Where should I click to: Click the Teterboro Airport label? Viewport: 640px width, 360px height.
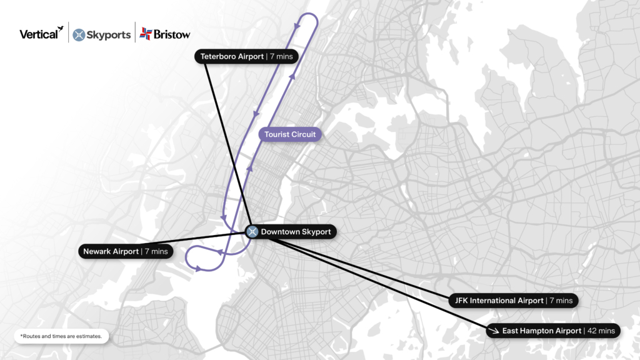click(x=232, y=56)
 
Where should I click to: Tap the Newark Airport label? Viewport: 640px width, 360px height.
click(x=111, y=251)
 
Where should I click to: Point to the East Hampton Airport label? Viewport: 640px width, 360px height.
click(x=541, y=331)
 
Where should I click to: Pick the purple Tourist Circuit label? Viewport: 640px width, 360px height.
click(x=290, y=134)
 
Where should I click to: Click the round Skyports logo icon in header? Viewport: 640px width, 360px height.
click(x=79, y=35)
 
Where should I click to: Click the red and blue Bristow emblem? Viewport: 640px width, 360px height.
click(x=146, y=34)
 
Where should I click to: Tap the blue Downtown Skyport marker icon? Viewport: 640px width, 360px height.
click(x=252, y=232)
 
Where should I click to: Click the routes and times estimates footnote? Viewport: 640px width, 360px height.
click(x=62, y=336)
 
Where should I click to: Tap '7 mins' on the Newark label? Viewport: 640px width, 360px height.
click(x=156, y=251)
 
